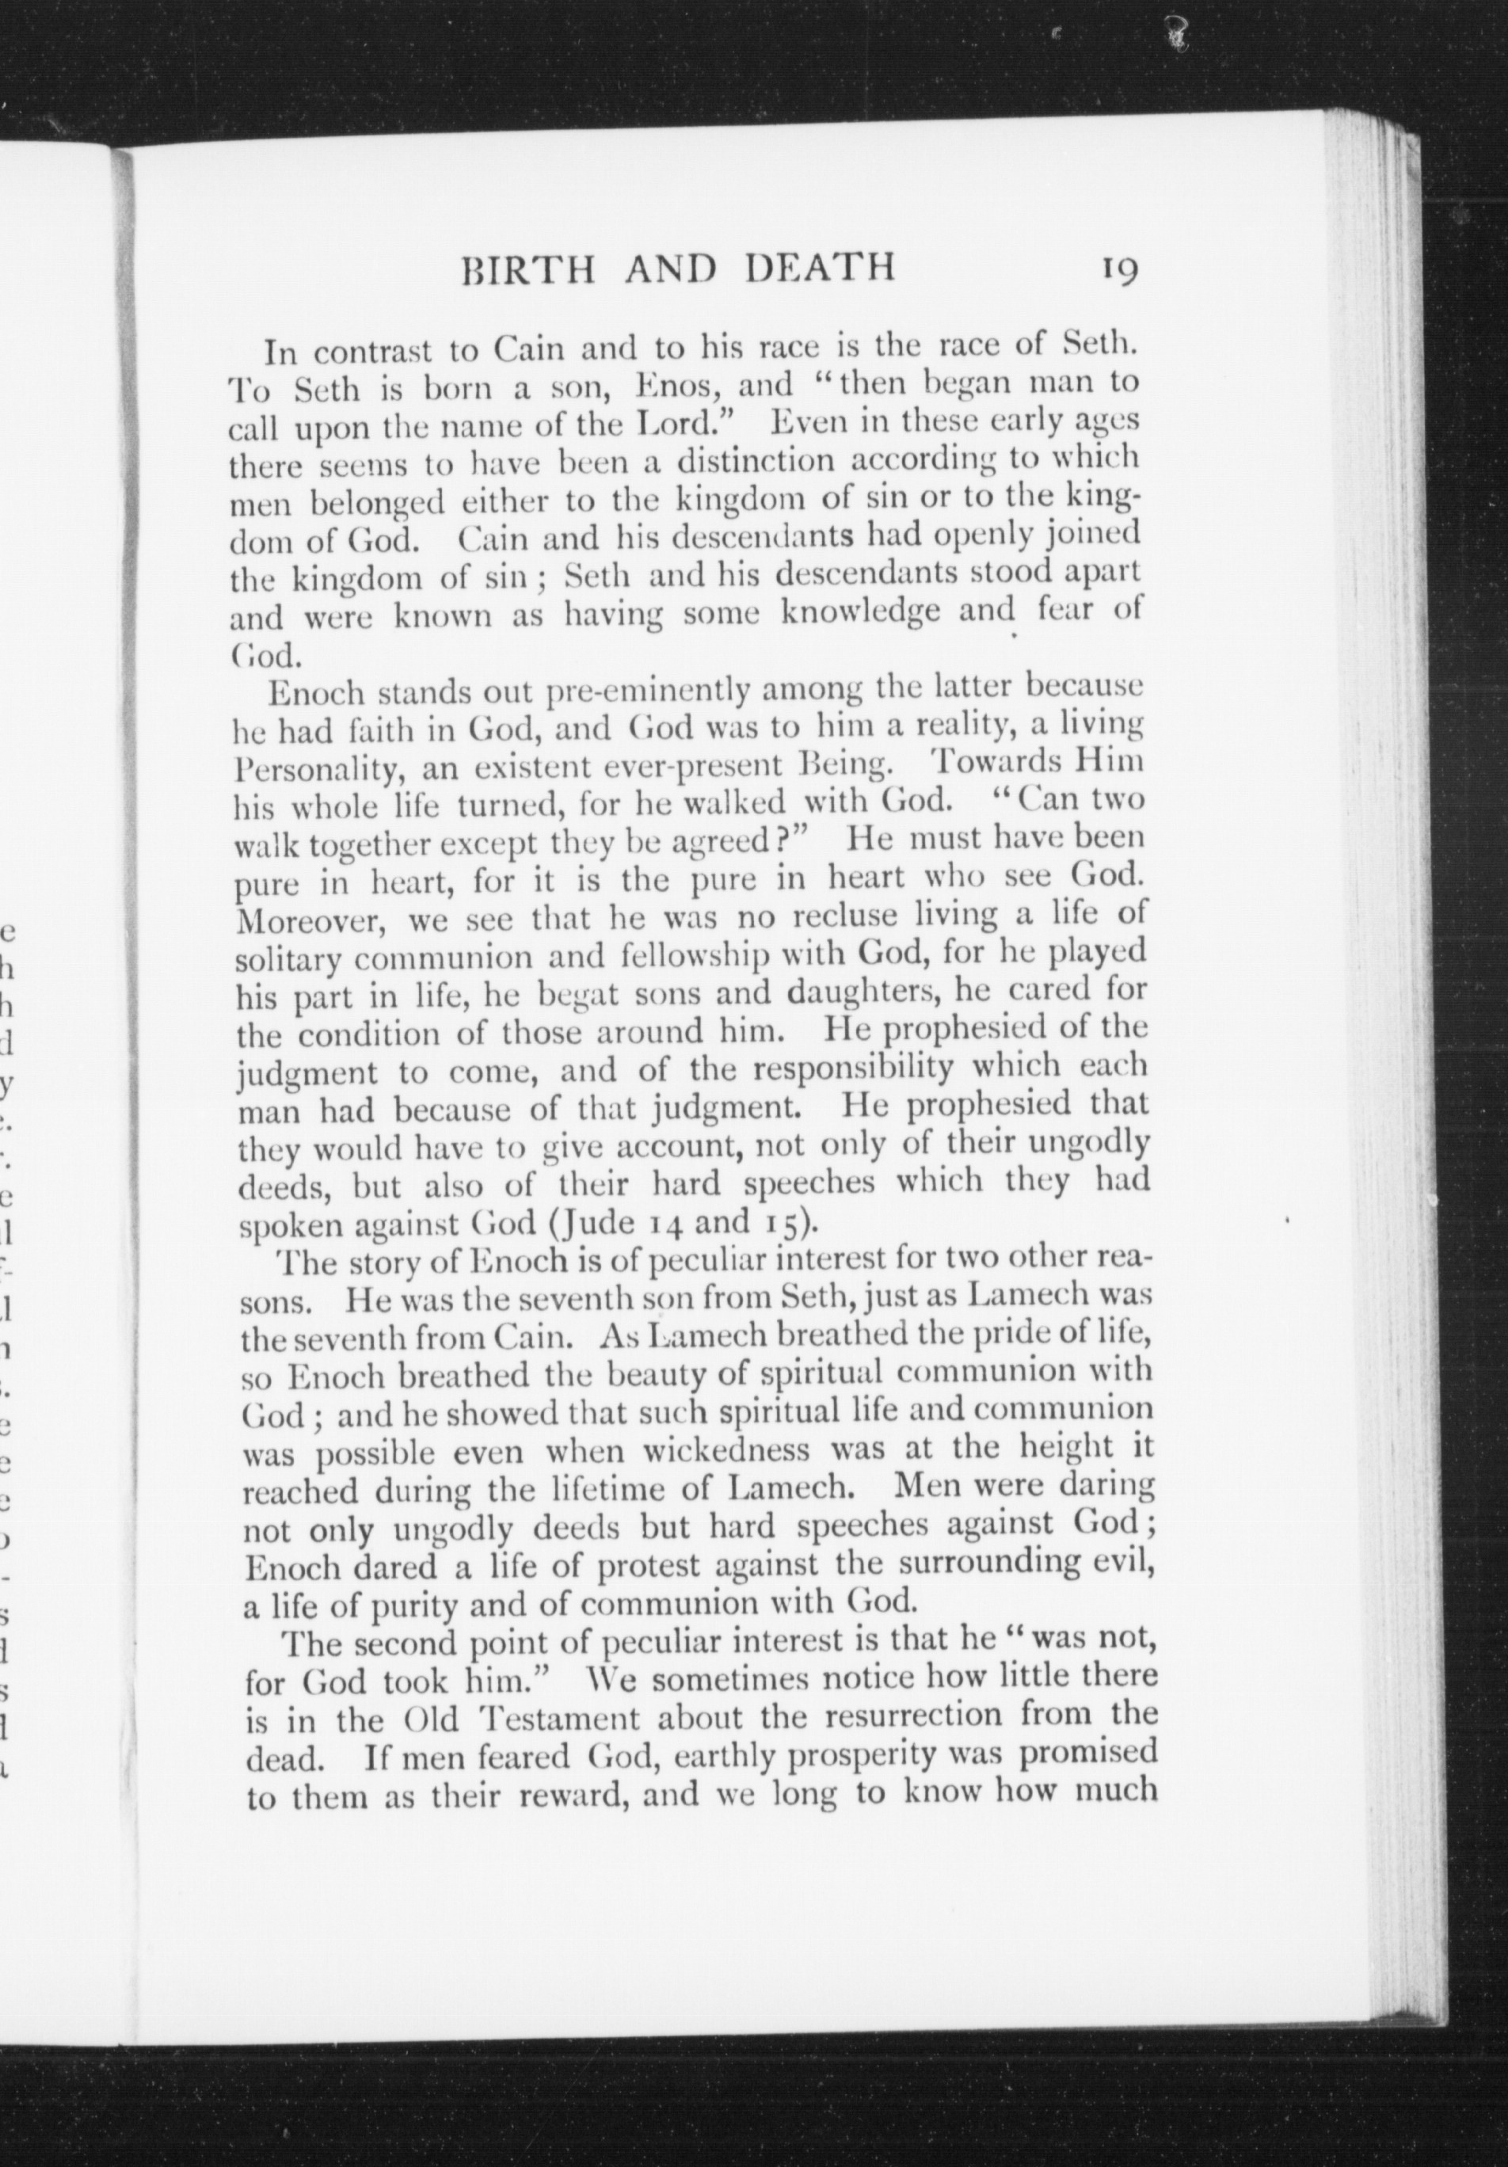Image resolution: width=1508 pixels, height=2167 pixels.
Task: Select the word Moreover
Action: click(307, 917)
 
